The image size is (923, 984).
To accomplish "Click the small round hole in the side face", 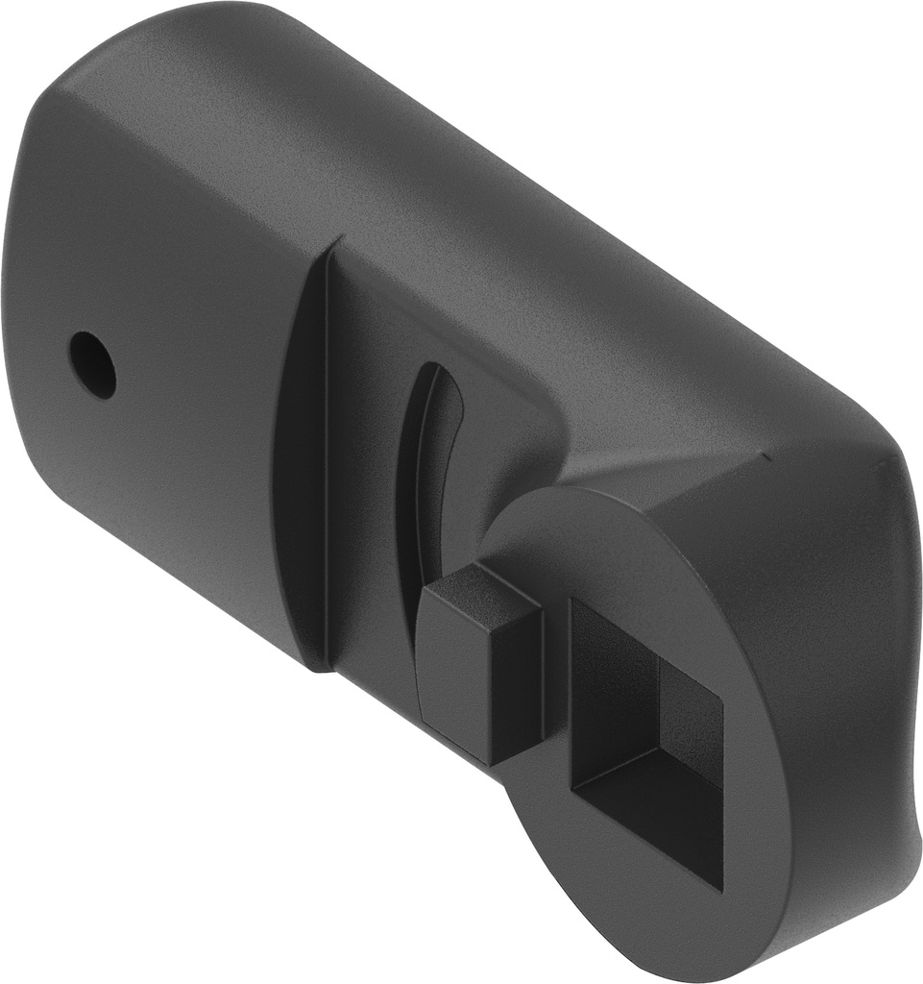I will click(x=93, y=365).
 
